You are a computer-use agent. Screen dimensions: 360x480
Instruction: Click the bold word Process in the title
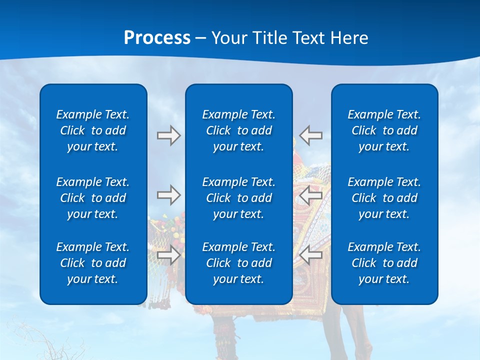click(157, 38)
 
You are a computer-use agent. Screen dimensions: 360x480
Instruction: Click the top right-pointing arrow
click(168, 135)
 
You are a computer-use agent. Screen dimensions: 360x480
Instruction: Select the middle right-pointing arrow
click(168, 195)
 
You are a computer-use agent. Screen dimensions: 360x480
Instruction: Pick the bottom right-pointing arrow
click(168, 255)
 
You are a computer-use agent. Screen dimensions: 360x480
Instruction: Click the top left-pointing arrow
click(310, 135)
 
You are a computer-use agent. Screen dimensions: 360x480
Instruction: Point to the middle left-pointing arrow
click(310, 195)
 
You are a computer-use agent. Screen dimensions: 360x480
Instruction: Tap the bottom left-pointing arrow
click(310, 255)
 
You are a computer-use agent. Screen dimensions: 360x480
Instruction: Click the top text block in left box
click(93, 130)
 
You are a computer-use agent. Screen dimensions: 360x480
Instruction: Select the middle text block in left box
click(93, 198)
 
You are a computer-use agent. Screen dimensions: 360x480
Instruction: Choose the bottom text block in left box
click(93, 263)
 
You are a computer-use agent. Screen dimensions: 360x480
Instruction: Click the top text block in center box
click(239, 130)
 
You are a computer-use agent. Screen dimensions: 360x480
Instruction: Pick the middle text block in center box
click(239, 198)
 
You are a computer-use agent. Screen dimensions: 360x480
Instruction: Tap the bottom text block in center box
click(239, 263)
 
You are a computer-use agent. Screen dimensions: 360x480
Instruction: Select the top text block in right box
click(384, 130)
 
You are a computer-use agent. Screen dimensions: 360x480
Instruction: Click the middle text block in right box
click(384, 198)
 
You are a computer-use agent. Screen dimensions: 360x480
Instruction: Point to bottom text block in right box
click(384, 263)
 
